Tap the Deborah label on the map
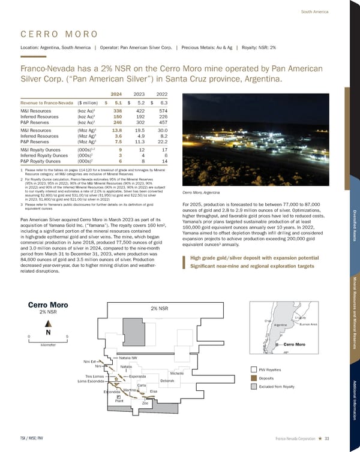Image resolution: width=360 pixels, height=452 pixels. pos(168,381)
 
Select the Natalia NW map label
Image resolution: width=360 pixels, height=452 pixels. pos(128,358)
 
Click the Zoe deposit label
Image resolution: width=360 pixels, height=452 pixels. pos(145,403)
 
